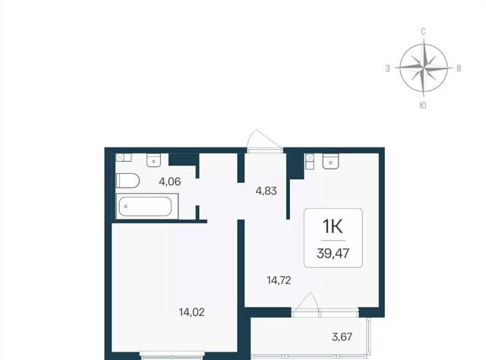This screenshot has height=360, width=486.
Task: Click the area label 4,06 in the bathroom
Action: (x=169, y=182)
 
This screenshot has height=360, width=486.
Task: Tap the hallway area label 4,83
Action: (x=266, y=191)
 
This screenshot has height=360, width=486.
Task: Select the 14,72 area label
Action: (x=279, y=280)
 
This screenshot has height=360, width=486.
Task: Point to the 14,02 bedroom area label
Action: (x=192, y=312)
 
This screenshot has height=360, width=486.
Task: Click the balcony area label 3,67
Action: (x=342, y=336)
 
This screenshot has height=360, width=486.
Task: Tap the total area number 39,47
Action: (x=333, y=254)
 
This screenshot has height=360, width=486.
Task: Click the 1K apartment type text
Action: (x=333, y=226)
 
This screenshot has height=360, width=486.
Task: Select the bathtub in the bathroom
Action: (x=147, y=206)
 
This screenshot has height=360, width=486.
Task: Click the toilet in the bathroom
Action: (x=128, y=181)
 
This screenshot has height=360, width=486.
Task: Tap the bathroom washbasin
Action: (x=153, y=160)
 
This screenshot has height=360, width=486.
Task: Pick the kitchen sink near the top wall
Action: (x=330, y=161)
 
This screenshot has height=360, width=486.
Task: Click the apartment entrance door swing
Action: (x=264, y=141)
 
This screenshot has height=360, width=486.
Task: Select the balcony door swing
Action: (x=306, y=305)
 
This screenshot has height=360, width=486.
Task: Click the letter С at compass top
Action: (x=423, y=32)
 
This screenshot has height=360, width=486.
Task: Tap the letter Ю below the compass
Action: (x=423, y=106)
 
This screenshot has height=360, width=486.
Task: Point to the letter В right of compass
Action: (x=459, y=68)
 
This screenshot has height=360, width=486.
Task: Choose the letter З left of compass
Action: (x=387, y=68)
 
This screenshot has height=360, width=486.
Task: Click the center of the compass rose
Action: (x=424, y=68)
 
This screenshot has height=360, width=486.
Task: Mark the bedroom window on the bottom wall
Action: (x=172, y=355)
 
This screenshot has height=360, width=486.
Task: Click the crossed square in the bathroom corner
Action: (x=120, y=157)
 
